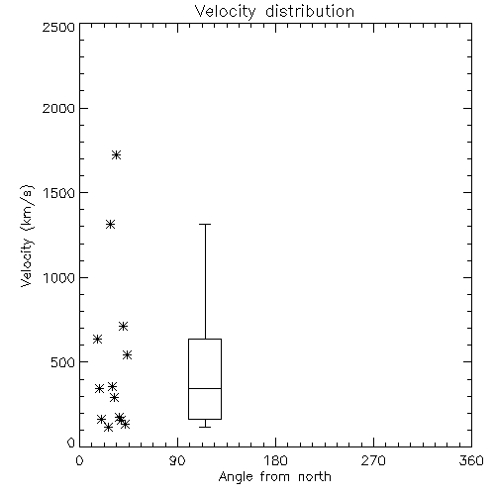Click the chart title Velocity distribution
(x=274, y=11)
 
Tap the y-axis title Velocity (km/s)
(x=27, y=236)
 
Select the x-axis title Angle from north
(x=274, y=477)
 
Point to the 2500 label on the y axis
(x=58, y=27)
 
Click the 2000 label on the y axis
(x=58, y=108)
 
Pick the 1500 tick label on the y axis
(x=59, y=193)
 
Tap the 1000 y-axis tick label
(x=59, y=278)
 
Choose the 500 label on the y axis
(x=63, y=362)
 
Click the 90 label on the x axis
(x=177, y=460)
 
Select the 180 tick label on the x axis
(x=275, y=460)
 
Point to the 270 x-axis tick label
(x=373, y=460)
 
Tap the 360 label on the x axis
(x=471, y=460)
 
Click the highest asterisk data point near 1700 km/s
(x=116, y=154)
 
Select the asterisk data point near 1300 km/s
(x=110, y=225)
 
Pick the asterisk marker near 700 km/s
(x=123, y=327)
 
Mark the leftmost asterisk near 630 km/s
(x=97, y=339)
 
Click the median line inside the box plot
(x=205, y=388)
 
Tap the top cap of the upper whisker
(x=205, y=224)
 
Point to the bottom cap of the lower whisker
(x=205, y=427)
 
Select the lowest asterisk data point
(x=108, y=428)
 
